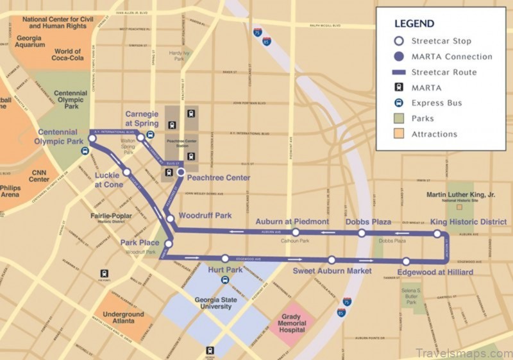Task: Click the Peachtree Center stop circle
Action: point(181,172)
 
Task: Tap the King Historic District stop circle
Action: point(437,234)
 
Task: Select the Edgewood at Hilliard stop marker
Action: point(407,261)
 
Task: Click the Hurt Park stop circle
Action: point(225,259)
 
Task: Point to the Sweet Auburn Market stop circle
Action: point(332,260)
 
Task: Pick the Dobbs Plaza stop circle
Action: point(362,234)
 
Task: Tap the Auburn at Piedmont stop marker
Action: point(296,232)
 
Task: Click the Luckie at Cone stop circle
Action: point(127,172)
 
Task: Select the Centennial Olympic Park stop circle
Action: point(92,137)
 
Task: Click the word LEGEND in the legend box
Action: point(414,24)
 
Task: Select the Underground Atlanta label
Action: point(119,319)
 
